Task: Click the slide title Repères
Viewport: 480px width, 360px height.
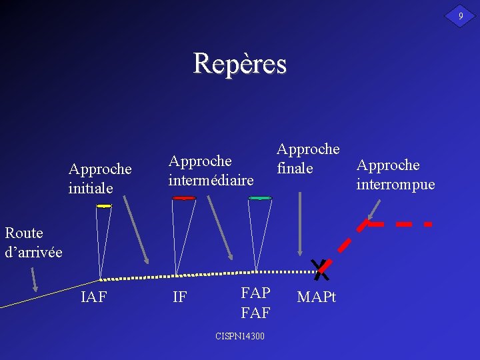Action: tap(239, 64)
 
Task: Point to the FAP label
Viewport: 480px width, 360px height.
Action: tap(255, 293)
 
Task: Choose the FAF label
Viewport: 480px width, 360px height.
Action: tap(255, 311)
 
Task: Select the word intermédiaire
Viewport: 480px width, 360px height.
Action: tap(211, 180)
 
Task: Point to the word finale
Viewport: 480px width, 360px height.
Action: tap(295, 168)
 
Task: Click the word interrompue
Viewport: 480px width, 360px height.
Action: tap(395, 184)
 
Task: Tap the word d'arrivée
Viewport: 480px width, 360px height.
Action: tap(33, 252)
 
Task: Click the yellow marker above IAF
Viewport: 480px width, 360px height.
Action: tap(103, 206)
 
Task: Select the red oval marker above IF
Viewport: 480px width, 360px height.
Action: tap(183, 198)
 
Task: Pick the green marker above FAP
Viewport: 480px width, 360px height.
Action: tap(260, 198)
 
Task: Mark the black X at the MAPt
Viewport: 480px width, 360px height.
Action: tap(321, 269)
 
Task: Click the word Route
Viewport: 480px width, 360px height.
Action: tap(24, 233)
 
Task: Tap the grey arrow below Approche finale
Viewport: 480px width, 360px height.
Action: tap(301, 223)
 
